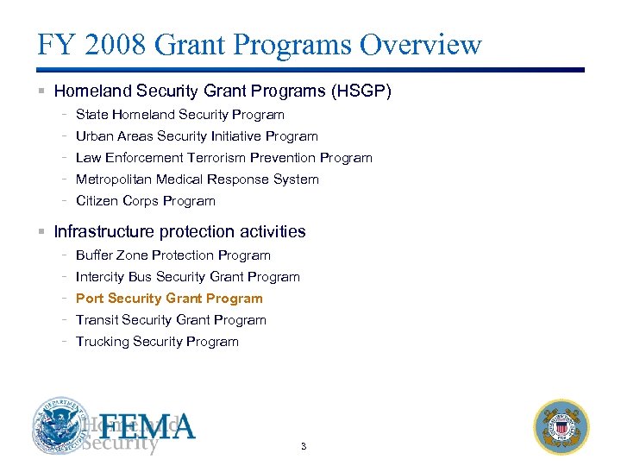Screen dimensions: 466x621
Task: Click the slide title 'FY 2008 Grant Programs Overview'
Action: point(260,45)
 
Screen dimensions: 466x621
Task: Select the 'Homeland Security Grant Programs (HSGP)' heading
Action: point(223,91)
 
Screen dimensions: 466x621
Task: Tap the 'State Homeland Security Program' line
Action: point(180,115)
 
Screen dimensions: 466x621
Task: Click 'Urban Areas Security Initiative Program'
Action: point(197,136)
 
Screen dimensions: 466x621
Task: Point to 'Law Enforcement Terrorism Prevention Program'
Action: point(224,158)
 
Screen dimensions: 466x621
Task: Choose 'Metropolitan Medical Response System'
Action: point(198,179)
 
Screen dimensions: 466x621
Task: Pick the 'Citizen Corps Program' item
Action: point(146,201)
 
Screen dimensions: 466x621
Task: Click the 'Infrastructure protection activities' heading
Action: point(179,231)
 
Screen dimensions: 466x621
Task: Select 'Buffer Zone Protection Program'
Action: point(173,255)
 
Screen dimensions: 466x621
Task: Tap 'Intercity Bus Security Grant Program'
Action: point(188,277)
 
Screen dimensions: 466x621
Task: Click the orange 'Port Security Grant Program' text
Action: point(169,299)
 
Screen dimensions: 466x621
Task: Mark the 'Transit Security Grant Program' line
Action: point(171,320)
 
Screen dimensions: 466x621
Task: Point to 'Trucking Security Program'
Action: point(157,342)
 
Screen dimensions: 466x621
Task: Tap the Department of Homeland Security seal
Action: point(60,426)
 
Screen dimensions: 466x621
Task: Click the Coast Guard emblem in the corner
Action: point(561,426)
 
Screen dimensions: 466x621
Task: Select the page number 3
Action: point(303,446)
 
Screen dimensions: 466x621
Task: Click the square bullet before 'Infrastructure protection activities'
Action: point(41,232)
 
